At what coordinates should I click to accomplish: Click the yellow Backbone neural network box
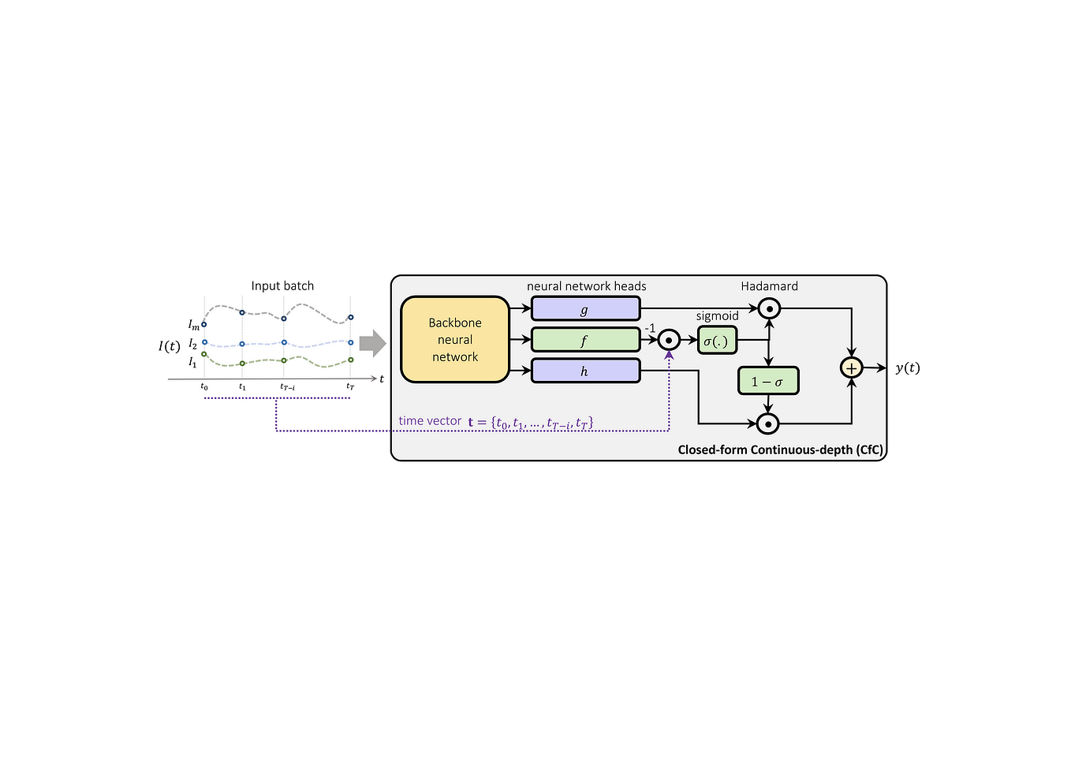tap(455, 340)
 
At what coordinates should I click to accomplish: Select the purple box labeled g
tap(585, 309)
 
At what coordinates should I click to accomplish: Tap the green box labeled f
tap(585, 340)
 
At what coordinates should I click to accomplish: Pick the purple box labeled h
tap(585, 371)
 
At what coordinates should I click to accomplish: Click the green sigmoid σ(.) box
tap(717, 341)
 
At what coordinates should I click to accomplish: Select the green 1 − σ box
tap(768, 382)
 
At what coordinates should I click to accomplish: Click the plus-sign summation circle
tap(851, 367)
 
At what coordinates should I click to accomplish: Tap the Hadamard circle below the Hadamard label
tap(769, 309)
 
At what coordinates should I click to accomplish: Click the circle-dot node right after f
tap(669, 340)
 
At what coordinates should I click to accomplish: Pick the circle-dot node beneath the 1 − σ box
tap(768, 423)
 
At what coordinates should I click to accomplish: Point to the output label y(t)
tap(907, 367)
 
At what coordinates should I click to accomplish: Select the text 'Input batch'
tap(282, 285)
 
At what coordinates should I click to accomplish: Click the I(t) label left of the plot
tap(169, 345)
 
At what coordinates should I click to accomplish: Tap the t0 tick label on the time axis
tap(204, 387)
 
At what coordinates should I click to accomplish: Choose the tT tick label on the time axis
tap(350, 387)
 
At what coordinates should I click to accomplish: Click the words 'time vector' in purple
tap(430, 421)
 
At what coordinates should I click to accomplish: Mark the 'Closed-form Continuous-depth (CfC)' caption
tap(780, 449)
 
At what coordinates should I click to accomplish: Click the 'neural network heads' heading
tap(586, 285)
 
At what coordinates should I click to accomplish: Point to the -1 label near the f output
tap(650, 328)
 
